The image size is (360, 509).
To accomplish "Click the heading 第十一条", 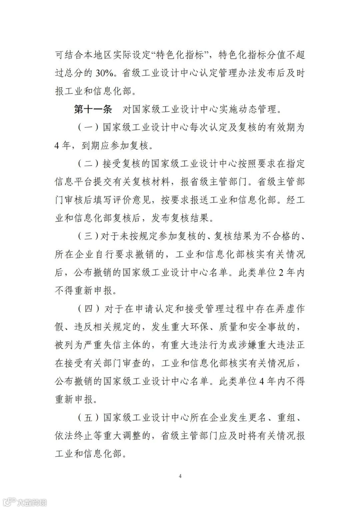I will click(93, 109).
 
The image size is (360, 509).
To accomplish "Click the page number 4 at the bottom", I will click(180, 476).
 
